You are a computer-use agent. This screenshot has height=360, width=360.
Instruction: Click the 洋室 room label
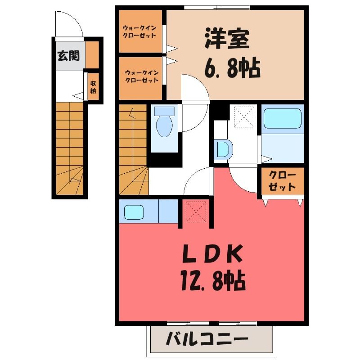pyautogui.click(x=227, y=39)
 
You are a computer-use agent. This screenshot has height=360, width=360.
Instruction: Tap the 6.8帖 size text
pyautogui.click(x=232, y=68)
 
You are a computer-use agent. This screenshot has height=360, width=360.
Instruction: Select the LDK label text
pyautogui.click(x=212, y=254)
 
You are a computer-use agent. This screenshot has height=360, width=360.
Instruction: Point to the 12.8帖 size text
pyautogui.click(x=213, y=280)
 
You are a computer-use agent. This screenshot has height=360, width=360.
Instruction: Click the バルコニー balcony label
pyautogui.click(x=207, y=340)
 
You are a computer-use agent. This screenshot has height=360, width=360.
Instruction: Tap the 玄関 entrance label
pyautogui.click(x=68, y=56)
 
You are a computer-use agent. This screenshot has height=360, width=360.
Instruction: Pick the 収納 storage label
pyautogui.click(x=93, y=87)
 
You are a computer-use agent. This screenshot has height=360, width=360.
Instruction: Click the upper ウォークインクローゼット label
pyautogui.click(x=139, y=32)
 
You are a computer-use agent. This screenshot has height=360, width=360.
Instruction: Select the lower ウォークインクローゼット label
pyautogui.click(x=142, y=76)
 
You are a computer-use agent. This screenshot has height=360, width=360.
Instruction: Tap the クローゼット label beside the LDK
pyautogui.click(x=282, y=181)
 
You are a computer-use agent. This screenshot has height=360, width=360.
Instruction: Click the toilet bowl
pyautogui.click(x=164, y=126)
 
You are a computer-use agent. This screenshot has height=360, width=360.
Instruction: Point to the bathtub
pyautogui.click(x=283, y=118)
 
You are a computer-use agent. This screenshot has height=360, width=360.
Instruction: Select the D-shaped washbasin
pyautogui.click(x=224, y=149)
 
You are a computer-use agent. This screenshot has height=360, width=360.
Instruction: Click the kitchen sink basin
pyautogui.click(x=134, y=212)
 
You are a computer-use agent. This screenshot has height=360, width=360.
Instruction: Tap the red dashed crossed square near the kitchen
pyautogui.click(x=196, y=211)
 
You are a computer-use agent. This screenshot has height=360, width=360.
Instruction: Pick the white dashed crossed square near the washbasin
pyautogui.click(x=244, y=117)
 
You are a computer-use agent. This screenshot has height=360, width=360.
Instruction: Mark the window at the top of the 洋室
pyautogui.click(x=217, y=7)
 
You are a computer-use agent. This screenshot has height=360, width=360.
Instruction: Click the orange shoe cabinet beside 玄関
pyautogui.click(x=92, y=54)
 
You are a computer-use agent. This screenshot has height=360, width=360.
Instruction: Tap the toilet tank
pyautogui.click(x=164, y=111)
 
